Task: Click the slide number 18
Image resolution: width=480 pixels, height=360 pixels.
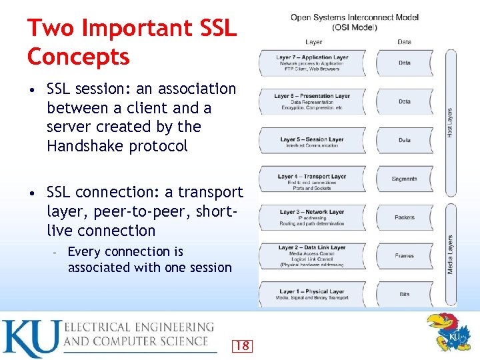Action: [x=242, y=345]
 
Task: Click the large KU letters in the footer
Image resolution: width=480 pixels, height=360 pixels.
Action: [x=31, y=338]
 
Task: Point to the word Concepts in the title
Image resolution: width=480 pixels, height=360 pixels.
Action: [x=78, y=57]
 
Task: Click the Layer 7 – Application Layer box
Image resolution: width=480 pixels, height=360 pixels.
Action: [x=312, y=63]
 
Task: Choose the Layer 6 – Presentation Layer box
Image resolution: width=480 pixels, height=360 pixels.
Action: [x=312, y=101]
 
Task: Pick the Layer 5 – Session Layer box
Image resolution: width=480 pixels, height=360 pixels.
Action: [x=312, y=140]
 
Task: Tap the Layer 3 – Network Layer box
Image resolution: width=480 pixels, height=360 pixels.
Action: [x=312, y=217]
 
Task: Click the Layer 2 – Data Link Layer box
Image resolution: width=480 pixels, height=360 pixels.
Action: [x=312, y=255]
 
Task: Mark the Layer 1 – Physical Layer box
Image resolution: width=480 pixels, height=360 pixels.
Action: [x=312, y=294]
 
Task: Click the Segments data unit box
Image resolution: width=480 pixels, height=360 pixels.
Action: [x=405, y=179]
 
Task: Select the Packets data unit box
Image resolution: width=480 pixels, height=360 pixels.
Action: [x=405, y=217]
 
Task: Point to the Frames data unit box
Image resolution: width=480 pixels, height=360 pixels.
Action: [x=405, y=255]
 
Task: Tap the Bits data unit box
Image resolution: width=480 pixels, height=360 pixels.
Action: [x=405, y=294]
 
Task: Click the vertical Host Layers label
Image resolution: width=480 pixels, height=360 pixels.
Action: [x=449, y=123]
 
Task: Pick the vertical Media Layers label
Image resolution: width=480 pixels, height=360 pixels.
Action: [x=450, y=254]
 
